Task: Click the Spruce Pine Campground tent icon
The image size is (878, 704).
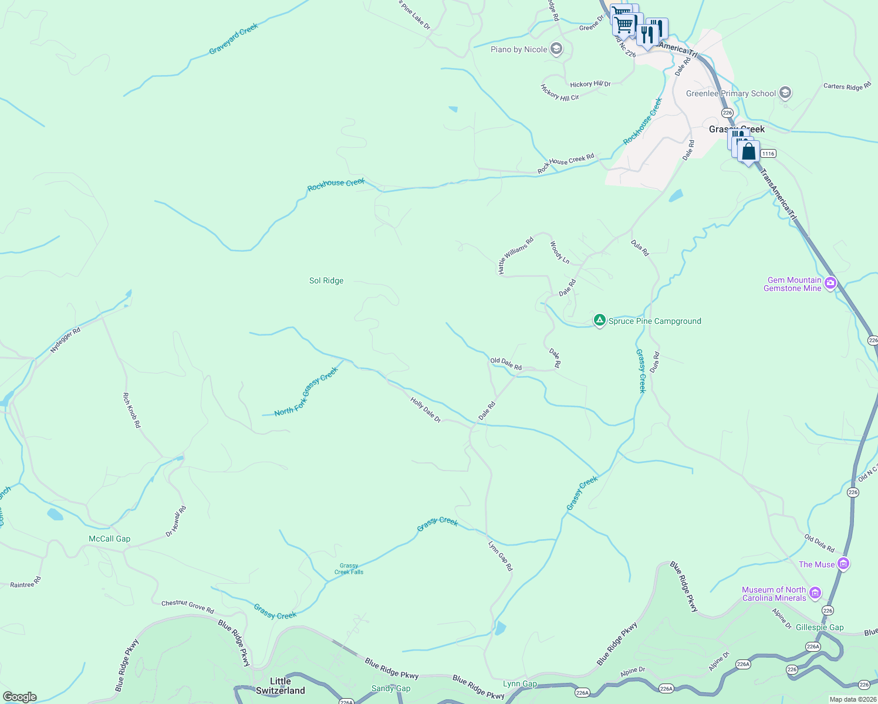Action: click(599, 320)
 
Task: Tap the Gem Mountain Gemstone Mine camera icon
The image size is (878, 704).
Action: click(830, 284)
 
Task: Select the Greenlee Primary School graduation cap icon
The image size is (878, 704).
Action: click(785, 93)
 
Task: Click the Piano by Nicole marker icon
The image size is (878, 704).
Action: click(556, 49)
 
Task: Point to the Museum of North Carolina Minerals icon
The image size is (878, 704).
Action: click(815, 593)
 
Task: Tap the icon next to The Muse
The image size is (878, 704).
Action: click(843, 564)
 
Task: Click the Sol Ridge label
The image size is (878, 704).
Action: click(326, 281)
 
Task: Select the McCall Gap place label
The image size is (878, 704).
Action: click(110, 539)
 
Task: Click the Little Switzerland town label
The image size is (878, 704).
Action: click(280, 686)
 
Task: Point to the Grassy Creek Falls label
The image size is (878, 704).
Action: click(349, 568)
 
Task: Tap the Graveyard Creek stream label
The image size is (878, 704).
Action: click(234, 39)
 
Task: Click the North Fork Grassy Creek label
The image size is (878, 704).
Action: click(306, 392)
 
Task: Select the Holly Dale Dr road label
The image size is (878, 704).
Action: click(426, 410)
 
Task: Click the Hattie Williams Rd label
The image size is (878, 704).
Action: click(516, 255)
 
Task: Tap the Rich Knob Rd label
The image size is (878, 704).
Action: click(132, 410)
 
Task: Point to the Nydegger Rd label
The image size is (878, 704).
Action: click(65, 340)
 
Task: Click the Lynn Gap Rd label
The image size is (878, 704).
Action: click(501, 556)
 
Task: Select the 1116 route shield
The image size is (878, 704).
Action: click(768, 154)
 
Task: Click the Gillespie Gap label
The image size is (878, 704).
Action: click(819, 627)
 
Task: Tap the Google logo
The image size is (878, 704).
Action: click(20, 697)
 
